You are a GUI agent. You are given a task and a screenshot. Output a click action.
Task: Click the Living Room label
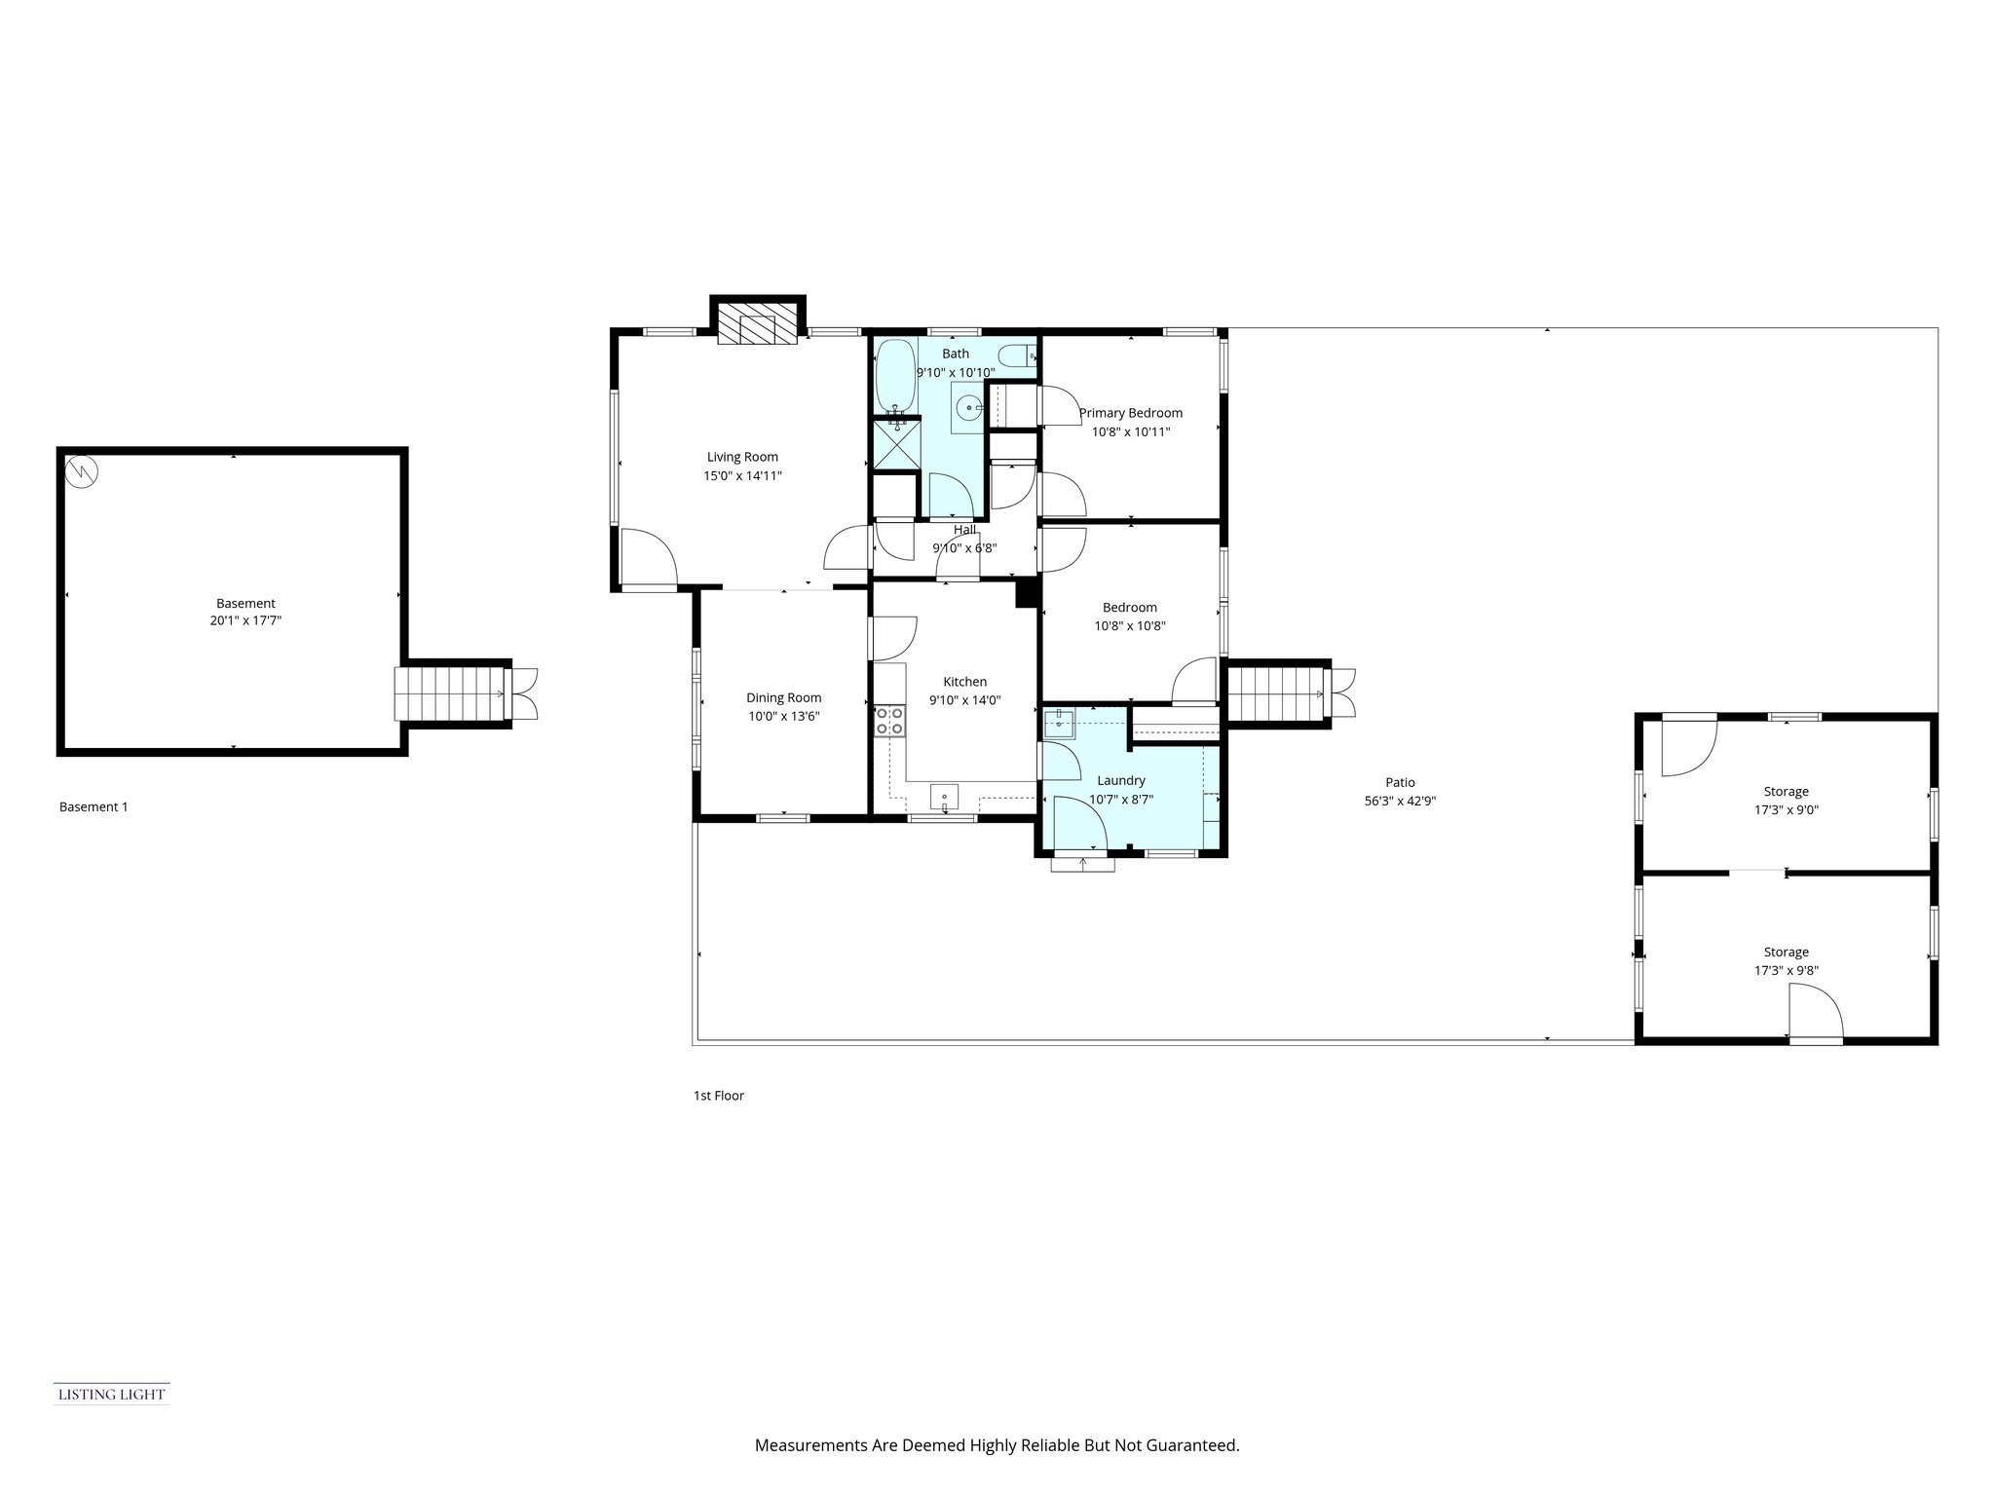point(742,457)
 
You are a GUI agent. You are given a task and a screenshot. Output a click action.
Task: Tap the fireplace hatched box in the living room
point(757,328)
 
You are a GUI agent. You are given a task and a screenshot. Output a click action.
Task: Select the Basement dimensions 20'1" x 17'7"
point(245,620)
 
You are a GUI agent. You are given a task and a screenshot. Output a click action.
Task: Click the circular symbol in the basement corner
point(82,472)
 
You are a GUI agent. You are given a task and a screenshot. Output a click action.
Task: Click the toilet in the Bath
point(1021,356)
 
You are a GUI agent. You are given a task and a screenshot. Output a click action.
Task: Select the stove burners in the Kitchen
point(888,721)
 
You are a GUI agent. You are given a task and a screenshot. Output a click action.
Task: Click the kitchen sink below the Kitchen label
point(944,797)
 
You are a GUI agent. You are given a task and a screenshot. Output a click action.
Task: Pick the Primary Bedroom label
point(1130,413)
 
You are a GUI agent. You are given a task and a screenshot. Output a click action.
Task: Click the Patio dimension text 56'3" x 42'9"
point(1400,801)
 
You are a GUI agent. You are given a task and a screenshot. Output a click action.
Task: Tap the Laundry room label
point(1120,780)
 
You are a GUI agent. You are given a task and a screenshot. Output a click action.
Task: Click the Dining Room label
point(783,697)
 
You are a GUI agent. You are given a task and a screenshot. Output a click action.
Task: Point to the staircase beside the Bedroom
point(1277,693)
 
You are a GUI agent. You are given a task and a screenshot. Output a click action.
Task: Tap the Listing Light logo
point(111,1394)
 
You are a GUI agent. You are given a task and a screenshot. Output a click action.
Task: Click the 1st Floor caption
point(718,1096)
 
